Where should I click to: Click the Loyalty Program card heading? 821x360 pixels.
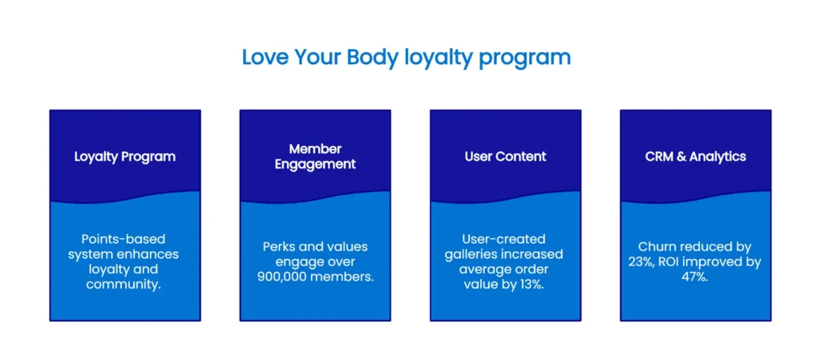pos(125,156)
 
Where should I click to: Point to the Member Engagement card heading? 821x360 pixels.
pos(315,156)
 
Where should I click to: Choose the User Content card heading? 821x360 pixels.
pos(505,156)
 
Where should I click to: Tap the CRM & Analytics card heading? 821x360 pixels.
pos(695,156)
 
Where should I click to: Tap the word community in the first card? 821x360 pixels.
pos(124,285)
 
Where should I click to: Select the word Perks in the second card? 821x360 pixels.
pos(281,246)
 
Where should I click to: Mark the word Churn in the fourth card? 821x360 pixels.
pos(657,246)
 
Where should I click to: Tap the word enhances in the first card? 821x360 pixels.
pos(150,254)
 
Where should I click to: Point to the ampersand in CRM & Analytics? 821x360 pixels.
pos(681,156)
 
